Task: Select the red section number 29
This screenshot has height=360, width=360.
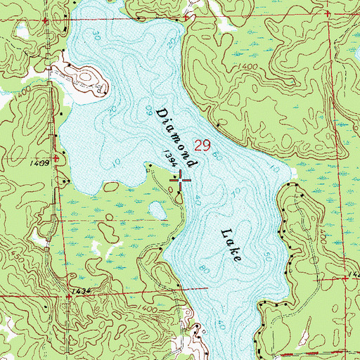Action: click(202, 146)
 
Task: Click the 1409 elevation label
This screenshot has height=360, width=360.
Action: click(39, 162)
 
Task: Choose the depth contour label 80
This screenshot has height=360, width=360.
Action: click(203, 267)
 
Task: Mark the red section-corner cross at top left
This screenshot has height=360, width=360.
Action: click(45, 21)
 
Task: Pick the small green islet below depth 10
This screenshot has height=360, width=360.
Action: click(112, 187)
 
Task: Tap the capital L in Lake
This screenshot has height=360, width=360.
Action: click(223, 233)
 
